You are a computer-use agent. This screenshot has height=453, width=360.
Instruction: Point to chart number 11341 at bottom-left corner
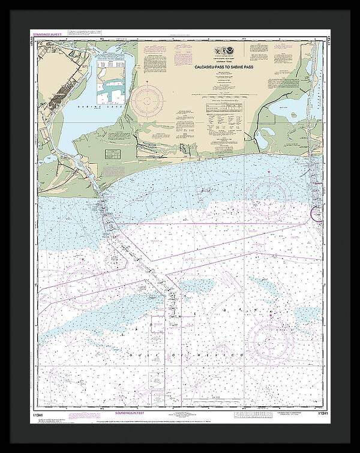[x=34, y=413]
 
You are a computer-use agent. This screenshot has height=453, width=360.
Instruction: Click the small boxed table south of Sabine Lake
[x=112, y=154]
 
